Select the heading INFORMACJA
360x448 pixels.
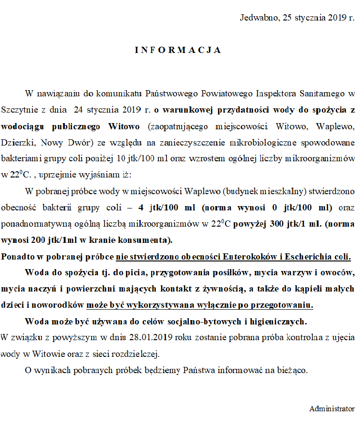tap(177, 50)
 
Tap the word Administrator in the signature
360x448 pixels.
tap(332, 409)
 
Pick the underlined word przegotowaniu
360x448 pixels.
tap(286, 305)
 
